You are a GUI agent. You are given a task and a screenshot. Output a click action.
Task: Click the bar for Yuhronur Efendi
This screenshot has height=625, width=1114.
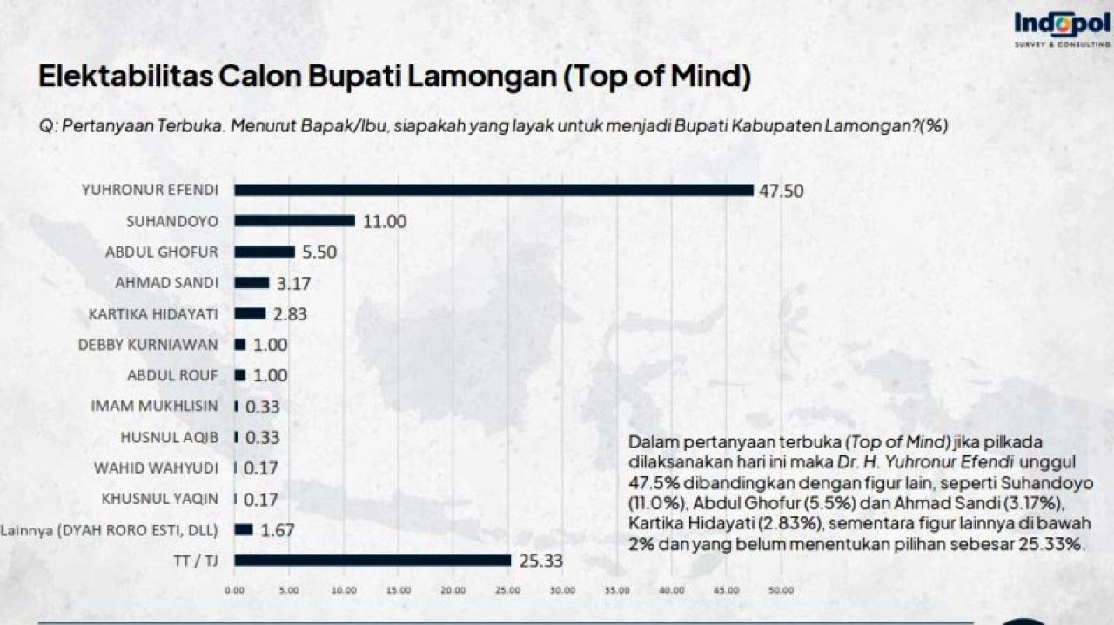coord(493,190)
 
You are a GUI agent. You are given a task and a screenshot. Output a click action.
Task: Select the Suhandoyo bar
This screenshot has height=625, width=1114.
coord(294,221)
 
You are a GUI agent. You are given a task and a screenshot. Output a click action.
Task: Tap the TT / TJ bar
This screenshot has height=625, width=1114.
coord(372,561)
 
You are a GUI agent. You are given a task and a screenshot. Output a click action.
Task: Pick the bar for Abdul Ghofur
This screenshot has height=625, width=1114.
coord(265,252)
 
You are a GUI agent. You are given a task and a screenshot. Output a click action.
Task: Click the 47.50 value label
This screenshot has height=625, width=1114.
coord(782,191)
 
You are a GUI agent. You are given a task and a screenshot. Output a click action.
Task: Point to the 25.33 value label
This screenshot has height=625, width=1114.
coord(540,561)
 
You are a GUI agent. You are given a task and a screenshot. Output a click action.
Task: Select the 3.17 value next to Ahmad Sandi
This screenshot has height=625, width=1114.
coord(293,283)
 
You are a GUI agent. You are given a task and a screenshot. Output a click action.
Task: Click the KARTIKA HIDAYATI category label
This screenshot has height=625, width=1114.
coord(153,313)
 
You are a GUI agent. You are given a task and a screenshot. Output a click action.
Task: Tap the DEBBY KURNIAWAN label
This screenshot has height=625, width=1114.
coord(148,345)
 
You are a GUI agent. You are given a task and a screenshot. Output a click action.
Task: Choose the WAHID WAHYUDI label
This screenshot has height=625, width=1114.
coord(156,468)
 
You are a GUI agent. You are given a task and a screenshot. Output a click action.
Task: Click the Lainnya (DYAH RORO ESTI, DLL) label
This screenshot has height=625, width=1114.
coord(110,530)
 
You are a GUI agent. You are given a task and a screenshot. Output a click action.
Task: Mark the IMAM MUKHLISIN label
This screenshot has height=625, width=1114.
coord(154,407)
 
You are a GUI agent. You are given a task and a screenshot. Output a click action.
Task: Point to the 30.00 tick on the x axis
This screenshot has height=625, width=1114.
coord(562,591)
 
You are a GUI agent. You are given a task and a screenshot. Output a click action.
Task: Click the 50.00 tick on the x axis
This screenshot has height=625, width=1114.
coord(781,591)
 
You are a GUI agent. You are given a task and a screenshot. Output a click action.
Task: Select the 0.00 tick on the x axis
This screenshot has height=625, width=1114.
coord(235,591)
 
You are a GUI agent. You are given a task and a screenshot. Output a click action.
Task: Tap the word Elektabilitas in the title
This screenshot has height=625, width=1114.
coord(124,76)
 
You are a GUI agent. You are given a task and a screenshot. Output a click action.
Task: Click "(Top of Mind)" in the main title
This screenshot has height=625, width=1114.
coord(654,76)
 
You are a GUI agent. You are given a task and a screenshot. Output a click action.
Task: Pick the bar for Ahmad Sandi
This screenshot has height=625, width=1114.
coord(252,283)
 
